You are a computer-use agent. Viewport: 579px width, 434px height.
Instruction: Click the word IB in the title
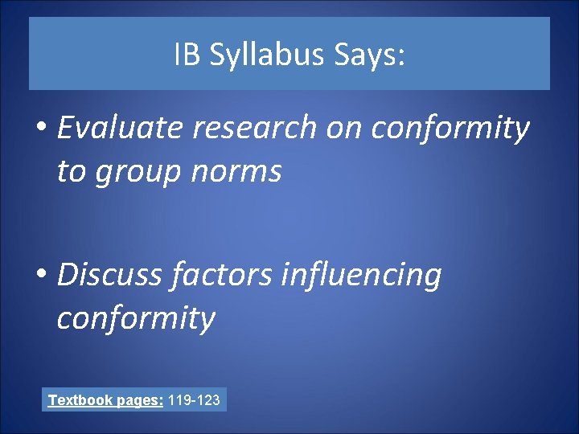184,55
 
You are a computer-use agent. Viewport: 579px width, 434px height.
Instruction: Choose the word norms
239,170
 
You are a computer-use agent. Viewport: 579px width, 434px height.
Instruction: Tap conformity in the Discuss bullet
136,318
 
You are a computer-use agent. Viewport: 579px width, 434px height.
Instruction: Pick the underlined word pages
141,399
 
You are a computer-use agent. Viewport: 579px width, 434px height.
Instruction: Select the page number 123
208,399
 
